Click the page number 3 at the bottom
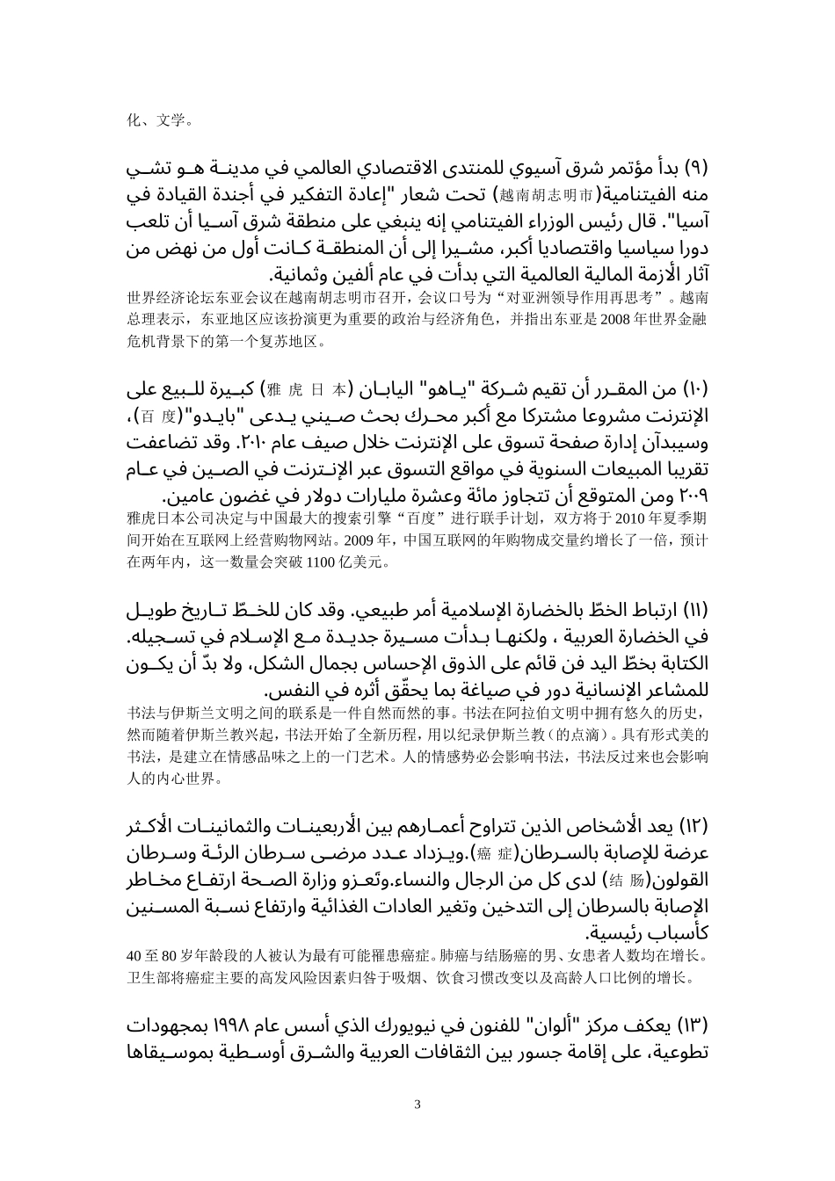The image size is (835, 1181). click(417, 1105)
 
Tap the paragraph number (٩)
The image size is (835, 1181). click(695, 168)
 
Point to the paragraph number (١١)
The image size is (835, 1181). click(696, 610)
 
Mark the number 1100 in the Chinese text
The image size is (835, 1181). click(322, 561)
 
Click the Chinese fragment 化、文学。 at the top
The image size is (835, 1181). click(156, 120)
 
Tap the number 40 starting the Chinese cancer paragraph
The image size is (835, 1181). click(134, 955)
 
